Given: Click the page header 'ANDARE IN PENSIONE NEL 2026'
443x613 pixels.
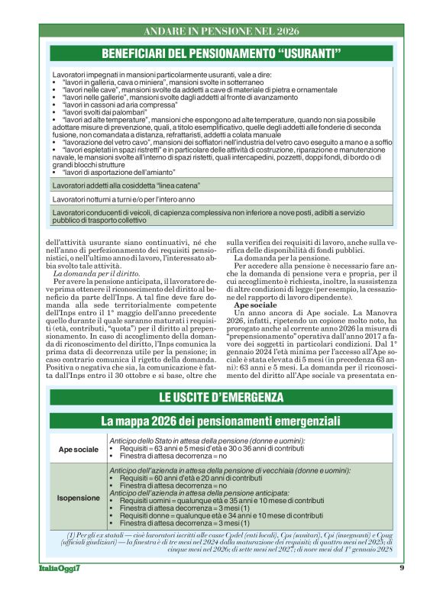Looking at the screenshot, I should [x=221, y=32].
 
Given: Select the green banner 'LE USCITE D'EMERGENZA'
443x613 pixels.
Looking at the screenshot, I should [x=221, y=398].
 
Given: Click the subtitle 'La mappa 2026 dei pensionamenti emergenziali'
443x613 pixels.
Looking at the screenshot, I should [x=221, y=421].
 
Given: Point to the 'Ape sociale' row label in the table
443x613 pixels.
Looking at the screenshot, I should [x=79, y=448].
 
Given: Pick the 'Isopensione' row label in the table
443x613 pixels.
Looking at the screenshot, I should [x=79, y=498].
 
